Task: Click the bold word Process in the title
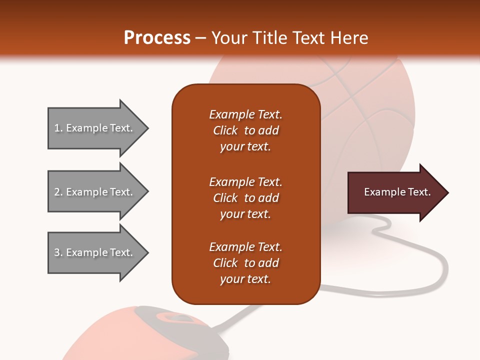click(x=157, y=38)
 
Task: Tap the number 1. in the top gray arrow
click(x=58, y=128)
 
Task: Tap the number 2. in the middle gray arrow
click(x=58, y=192)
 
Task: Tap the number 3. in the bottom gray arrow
click(x=58, y=252)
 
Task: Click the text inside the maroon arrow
click(x=397, y=192)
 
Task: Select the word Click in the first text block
click(x=225, y=130)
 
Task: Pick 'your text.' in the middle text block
click(x=245, y=214)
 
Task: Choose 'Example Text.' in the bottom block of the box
click(x=245, y=247)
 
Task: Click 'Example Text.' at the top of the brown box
click(x=245, y=114)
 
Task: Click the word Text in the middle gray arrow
click(x=121, y=192)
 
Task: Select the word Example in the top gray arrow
click(x=87, y=128)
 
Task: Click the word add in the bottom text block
click(x=268, y=263)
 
